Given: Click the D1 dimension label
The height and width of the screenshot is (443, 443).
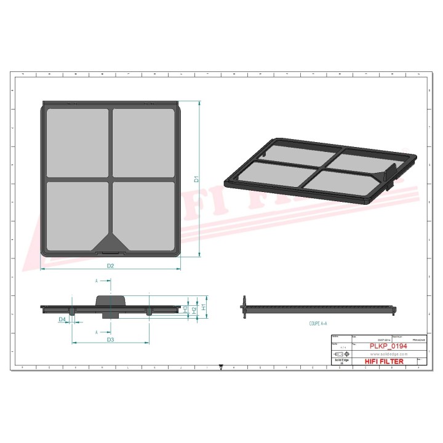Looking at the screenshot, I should point(196,179).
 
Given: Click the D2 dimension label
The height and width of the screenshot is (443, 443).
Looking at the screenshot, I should point(111,266).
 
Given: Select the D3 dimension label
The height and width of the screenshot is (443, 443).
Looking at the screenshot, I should point(111,339).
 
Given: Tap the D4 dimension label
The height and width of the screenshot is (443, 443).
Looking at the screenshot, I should point(62,319).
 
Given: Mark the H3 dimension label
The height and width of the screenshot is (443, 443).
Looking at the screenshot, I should point(185,308).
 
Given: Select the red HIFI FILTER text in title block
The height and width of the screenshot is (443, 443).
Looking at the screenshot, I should point(385,362).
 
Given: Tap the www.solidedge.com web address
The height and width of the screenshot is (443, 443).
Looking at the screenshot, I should point(389,354).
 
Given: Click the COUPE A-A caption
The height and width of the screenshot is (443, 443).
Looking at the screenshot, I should point(318,322).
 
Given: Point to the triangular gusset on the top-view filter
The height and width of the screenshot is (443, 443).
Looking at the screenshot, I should point(111,242).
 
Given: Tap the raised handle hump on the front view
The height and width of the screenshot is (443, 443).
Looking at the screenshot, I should point(111,300).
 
